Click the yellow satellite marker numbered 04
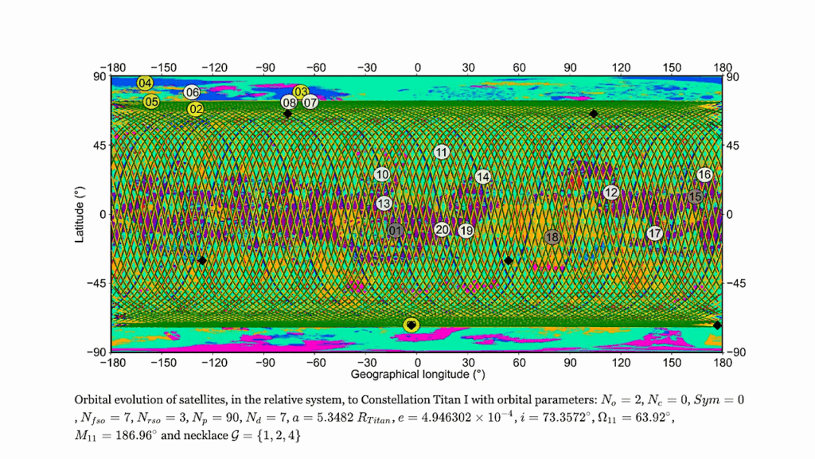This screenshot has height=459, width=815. [145, 84]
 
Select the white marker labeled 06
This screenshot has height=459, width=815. [192, 92]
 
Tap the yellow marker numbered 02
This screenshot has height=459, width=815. [196, 109]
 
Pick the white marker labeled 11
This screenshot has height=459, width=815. [442, 152]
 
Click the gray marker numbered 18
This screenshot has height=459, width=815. [552, 237]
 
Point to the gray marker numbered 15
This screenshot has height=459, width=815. [696, 196]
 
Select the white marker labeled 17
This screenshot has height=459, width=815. [654, 234]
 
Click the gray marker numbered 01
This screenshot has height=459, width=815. [396, 231]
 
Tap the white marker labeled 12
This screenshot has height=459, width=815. [610, 193]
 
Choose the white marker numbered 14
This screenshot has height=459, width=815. [482, 177]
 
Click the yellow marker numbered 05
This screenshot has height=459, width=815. [151, 102]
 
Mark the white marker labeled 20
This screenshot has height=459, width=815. [443, 230]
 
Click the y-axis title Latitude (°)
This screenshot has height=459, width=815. [80, 213]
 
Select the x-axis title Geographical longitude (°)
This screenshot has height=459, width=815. [418, 373]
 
